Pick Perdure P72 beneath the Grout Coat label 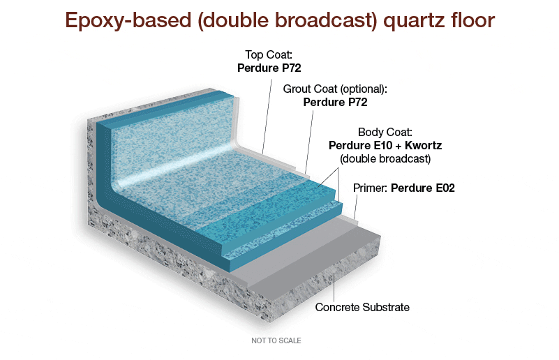point(335,102)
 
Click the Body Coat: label point(385,132)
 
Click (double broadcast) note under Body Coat point(385,158)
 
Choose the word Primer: point(370,188)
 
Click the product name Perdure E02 point(423,188)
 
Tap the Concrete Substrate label point(362,307)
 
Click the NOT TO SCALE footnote point(276,340)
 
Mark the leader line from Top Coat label point(267,112)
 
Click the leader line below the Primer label point(356,207)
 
